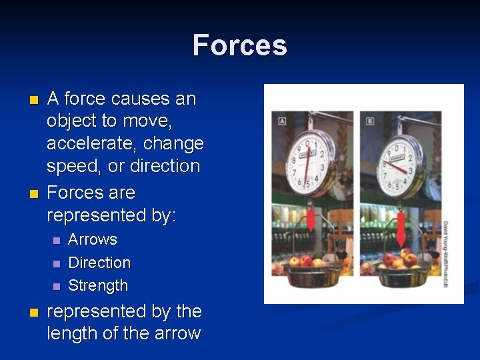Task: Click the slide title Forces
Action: [240, 45]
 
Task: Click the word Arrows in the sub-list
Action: [93, 239]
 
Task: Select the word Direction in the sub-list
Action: [99, 263]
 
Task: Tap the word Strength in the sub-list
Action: [98, 285]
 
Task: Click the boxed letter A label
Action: [282, 121]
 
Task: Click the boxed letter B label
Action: [371, 121]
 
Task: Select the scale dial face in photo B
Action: [397, 157]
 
